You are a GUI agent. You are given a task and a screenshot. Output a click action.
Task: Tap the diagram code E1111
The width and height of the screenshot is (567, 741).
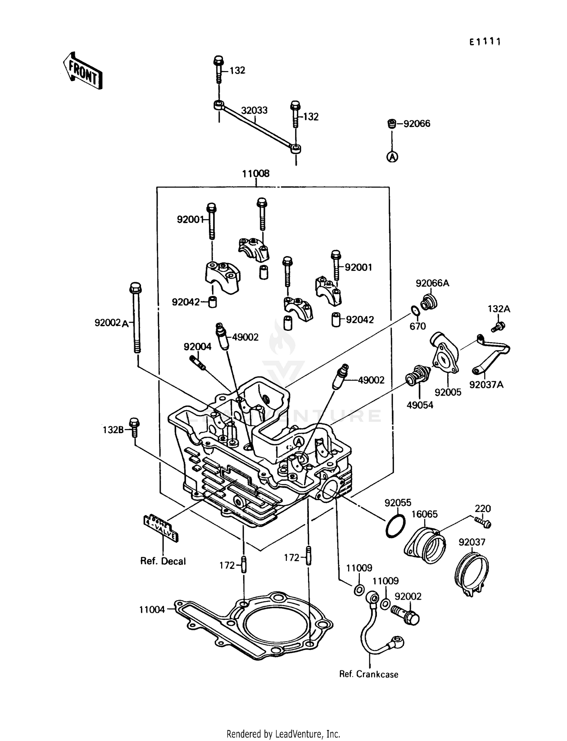[x=485, y=42]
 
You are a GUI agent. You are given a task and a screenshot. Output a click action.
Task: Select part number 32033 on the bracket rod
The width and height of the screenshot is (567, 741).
[x=254, y=110]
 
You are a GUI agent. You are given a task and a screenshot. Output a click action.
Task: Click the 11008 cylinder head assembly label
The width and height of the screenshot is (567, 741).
[x=256, y=174]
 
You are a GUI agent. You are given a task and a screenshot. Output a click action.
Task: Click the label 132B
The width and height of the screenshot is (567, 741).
[x=113, y=429]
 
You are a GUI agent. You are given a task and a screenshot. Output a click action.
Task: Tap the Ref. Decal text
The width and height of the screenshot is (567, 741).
[x=163, y=561]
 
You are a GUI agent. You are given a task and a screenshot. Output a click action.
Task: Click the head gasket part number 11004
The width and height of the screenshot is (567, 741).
[x=152, y=610]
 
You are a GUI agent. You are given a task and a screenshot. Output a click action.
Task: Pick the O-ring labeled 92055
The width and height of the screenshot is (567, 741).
[x=395, y=526]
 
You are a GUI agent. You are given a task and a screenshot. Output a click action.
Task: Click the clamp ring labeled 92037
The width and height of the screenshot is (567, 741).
[x=471, y=574]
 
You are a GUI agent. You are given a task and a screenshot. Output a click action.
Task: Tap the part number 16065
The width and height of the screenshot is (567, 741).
[x=424, y=514]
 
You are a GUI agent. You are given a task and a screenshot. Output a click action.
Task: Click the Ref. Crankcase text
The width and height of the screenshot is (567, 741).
[x=369, y=675]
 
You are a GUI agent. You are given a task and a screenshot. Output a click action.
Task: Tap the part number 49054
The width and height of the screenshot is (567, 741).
[x=420, y=405]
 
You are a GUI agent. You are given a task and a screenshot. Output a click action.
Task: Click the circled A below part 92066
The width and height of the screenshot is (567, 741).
[x=392, y=156]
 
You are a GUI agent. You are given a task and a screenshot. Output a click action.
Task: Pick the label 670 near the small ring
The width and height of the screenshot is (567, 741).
[x=417, y=326]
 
